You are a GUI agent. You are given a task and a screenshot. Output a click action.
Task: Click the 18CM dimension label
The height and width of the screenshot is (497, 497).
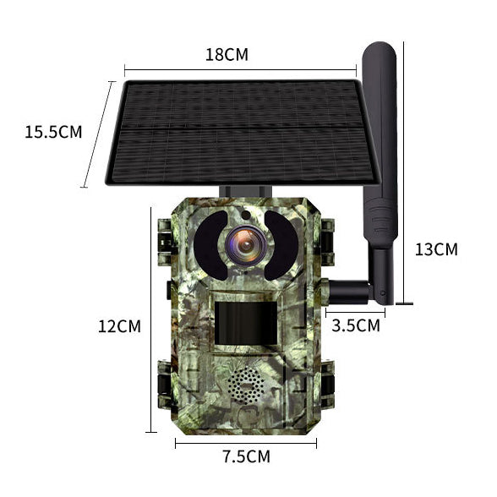tap(227, 55)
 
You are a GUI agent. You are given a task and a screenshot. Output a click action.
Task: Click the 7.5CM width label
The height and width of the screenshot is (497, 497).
tap(246, 457)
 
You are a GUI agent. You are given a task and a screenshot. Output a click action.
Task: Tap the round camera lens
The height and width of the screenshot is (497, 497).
tap(245, 244)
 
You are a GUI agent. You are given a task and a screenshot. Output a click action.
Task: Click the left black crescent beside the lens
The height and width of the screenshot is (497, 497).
tap(208, 243)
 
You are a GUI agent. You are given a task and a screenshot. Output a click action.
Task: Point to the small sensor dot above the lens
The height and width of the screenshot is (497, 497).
tap(244, 215)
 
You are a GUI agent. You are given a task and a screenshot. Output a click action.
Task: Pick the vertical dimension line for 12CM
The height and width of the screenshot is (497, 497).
tap(151, 321)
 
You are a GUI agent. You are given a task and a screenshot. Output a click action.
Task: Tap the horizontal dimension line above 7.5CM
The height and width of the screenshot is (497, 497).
tap(246, 441)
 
